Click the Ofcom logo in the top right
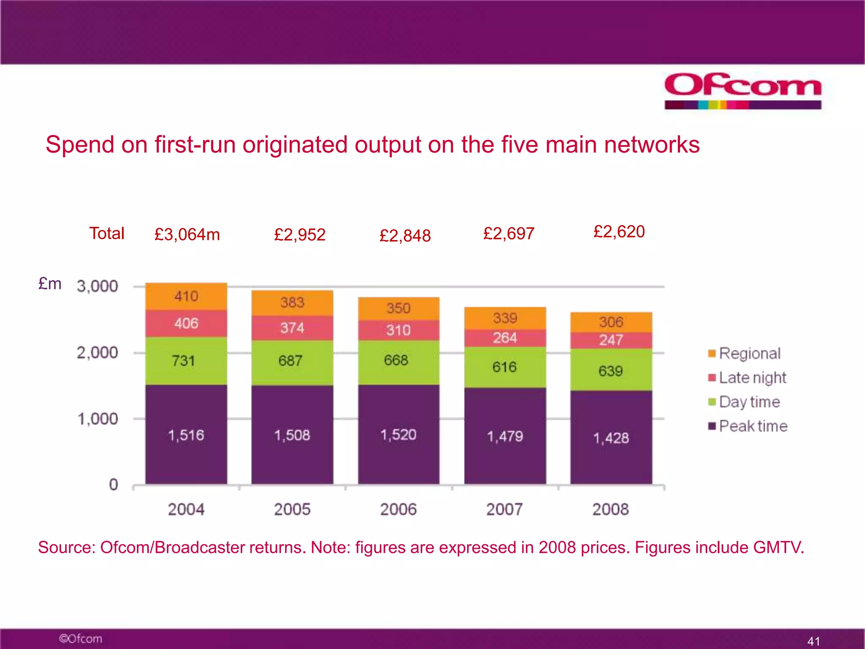(x=743, y=90)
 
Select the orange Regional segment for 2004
(x=186, y=296)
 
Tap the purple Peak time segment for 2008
(x=611, y=438)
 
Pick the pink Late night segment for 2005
(x=292, y=328)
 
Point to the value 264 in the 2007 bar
(x=505, y=338)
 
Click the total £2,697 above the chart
(x=509, y=234)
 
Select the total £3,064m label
(x=187, y=235)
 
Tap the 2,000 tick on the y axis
(x=97, y=352)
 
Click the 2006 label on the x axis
(x=398, y=509)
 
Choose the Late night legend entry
(x=747, y=377)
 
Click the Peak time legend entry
(x=748, y=426)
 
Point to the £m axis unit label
(x=50, y=284)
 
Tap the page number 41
(x=813, y=641)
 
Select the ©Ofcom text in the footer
(x=81, y=638)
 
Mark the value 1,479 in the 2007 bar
(x=505, y=436)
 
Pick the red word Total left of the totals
(x=106, y=234)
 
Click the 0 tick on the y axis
(x=113, y=485)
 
